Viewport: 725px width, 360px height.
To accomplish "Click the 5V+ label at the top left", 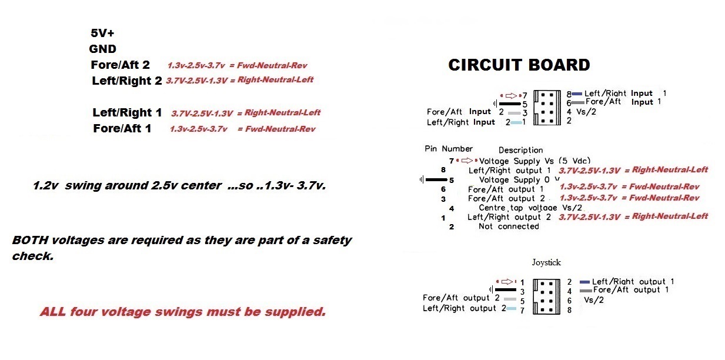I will tap(102, 34).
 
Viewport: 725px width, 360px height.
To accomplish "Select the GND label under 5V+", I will tap(103, 49).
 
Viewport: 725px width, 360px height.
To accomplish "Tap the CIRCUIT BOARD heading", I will tap(519, 65).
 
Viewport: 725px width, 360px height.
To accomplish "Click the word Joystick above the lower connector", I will tap(546, 262).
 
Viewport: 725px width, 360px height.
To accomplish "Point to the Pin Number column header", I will tap(448, 149).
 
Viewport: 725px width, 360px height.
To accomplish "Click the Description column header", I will tap(520, 151).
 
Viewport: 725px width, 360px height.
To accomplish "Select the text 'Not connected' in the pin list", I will tap(509, 226).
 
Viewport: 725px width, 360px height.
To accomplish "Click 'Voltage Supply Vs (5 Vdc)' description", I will tap(535, 161).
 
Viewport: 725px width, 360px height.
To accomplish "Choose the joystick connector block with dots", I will tap(546, 296).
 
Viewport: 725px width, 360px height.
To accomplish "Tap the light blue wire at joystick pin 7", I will tap(512, 309).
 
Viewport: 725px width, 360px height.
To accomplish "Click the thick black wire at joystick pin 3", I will tap(505, 289).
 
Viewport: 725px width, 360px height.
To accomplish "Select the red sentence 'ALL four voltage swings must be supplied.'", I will tap(182, 312).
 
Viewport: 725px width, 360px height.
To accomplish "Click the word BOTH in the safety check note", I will tap(28, 241).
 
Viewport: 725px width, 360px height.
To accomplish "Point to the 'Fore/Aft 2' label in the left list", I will tap(121, 65).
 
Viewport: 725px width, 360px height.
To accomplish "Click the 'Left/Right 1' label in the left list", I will tap(127, 112).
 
